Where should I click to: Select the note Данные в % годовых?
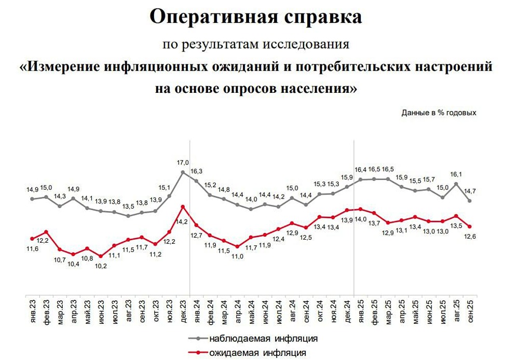(439, 112)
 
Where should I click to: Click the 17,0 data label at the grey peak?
(183, 162)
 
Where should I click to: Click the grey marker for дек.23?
(183, 172)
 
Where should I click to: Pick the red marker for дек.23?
(183, 206)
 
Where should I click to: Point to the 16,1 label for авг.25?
(456, 174)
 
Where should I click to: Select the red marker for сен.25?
(470, 226)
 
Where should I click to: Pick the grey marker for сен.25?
(470, 201)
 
